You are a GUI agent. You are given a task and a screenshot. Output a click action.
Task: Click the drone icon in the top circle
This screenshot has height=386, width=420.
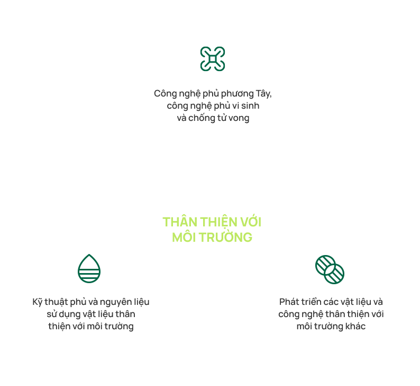click(x=213, y=59)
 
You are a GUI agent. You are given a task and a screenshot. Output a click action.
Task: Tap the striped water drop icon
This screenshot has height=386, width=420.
click(x=89, y=268)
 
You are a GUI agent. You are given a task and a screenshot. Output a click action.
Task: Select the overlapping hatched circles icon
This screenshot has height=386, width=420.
click(x=330, y=268)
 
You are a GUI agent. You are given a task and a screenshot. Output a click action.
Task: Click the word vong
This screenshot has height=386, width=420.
click(x=238, y=118)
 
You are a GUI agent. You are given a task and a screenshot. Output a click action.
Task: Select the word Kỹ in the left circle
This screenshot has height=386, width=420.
click(x=37, y=302)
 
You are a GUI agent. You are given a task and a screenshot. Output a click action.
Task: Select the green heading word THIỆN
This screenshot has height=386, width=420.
click(x=217, y=222)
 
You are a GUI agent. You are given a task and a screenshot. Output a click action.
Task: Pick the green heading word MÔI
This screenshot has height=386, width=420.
click(x=184, y=237)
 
